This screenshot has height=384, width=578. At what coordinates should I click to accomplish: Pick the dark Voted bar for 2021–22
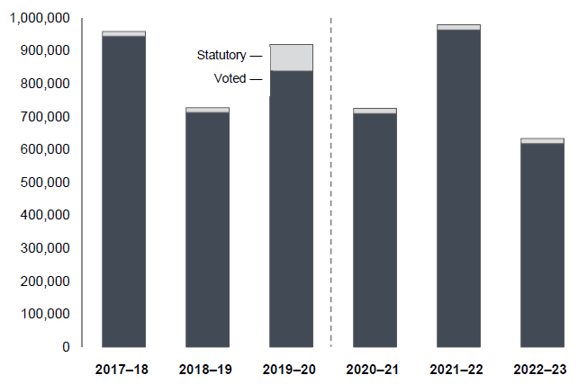click(458, 188)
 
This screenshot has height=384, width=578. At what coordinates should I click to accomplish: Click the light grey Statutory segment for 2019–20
click(291, 57)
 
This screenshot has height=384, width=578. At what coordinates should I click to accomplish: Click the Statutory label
click(221, 56)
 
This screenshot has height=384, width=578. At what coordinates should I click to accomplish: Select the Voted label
click(230, 78)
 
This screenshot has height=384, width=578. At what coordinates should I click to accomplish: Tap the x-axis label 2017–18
click(123, 370)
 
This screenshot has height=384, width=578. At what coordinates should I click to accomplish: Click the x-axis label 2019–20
click(291, 370)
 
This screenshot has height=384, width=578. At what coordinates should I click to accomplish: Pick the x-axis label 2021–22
click(458, 370)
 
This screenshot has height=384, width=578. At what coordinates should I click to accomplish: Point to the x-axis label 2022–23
click(542, 370)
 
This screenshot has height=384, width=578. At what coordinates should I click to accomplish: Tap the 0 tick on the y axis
click(66, 347)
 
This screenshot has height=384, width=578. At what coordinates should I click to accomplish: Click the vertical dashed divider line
click(331, 180)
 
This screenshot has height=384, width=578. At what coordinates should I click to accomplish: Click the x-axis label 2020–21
click(375, 370)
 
